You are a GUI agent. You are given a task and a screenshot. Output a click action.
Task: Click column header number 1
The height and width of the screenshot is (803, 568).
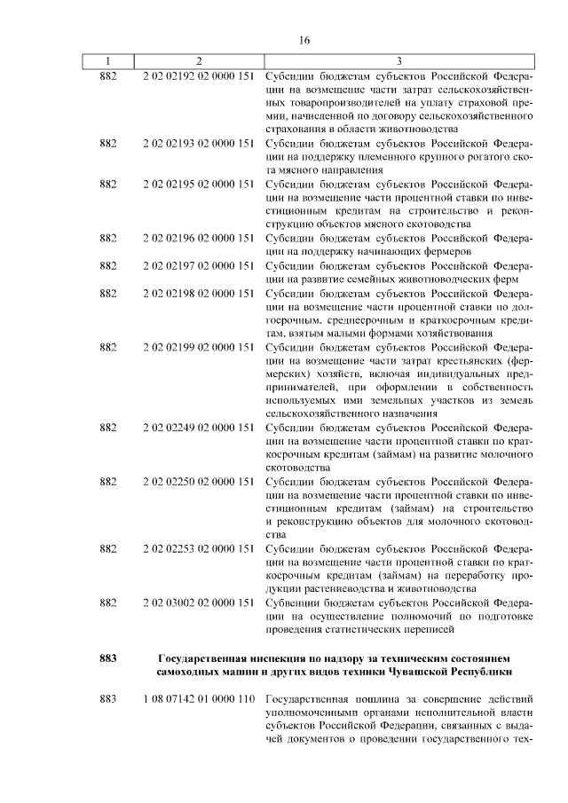[x=107, y=61]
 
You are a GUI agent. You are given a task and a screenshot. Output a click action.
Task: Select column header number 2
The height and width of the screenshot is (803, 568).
[x=199, y=61]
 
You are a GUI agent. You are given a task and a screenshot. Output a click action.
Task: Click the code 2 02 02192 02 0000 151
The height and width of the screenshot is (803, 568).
[x=199, y=75]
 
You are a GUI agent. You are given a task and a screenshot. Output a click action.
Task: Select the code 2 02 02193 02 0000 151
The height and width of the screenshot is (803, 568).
[x=199, y=143]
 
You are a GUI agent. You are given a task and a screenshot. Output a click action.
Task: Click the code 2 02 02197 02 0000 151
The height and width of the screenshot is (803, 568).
[x=199, y=265]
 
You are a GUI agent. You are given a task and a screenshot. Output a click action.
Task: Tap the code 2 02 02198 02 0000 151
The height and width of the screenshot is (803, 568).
[x=199, y=292]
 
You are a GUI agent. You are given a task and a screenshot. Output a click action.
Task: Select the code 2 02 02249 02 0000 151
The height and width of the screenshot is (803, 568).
[x=199, y=427]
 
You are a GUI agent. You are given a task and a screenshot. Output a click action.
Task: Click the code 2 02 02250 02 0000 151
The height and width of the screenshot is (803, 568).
[x=199, y=481]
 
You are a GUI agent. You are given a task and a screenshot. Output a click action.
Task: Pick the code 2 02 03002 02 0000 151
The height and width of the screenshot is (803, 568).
[x=199, y=602]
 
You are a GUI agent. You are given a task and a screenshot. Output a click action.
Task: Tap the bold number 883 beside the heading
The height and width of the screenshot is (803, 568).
[x=107, y=657]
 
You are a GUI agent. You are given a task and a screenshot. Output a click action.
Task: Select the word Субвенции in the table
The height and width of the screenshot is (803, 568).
[x=293, y=602]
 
